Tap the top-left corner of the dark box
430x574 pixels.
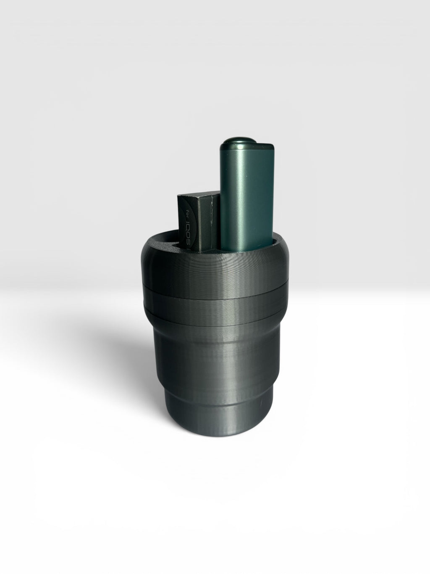pos(178,197)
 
